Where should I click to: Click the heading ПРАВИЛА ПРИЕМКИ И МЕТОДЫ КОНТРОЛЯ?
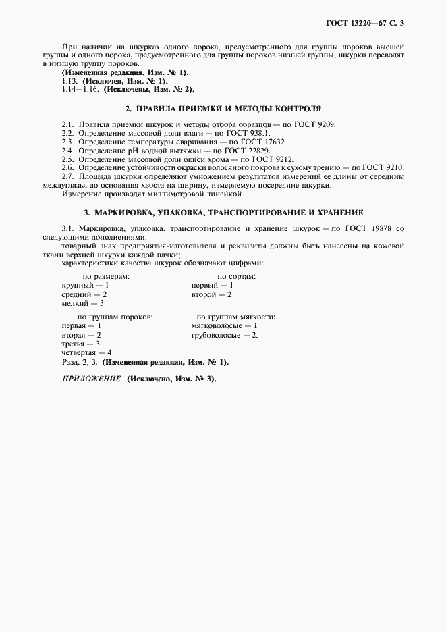pyautogui.click(x=223, y=108)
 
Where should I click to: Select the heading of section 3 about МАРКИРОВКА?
pyautogui.click(x=223, y=212)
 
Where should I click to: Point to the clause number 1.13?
pyautogui.click(x=70, y=80)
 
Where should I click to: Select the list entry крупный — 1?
pyautogui.click(x=85, y=286)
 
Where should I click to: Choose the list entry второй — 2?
pyautogui.click(x=212, y=294)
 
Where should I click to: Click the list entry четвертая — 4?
pyautogui.click(x=86, y=352)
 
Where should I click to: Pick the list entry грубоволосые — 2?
pyautogui.click(x=225, y=335)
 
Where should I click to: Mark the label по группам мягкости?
pyautogui.click(x=235, y=317)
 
